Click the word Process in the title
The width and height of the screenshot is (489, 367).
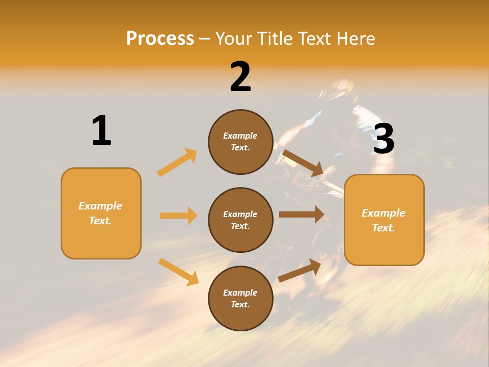(x=160, y=39)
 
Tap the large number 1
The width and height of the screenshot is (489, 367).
(x=101, y=130)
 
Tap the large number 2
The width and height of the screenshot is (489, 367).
(x=240, y=77)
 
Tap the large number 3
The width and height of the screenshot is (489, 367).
(x=384, y=139)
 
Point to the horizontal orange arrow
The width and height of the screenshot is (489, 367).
(x=178, y=216)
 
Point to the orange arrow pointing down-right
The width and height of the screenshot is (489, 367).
(x=178, y=272)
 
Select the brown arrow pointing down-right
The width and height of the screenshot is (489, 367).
(x=303, y=163)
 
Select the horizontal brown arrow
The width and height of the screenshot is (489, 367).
(x=301, y=214)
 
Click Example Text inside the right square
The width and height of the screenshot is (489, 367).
(x=384, y=220)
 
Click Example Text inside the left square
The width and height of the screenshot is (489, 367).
(x=100, y=213)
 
